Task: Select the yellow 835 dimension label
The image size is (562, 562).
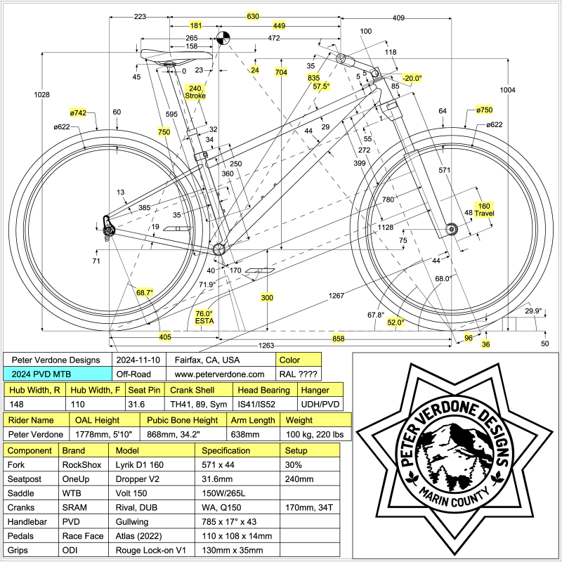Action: (x=313, y=77)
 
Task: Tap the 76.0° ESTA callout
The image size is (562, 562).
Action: (x=204, y=318)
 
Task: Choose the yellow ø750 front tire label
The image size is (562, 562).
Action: (x=483, y=110)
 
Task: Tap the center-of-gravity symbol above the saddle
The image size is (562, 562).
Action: (x=223, y=38)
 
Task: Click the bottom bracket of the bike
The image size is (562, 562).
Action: (x=218, y=249)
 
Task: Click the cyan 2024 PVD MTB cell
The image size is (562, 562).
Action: (x=58, y=375)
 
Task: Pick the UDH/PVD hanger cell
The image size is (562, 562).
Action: (x=320, y=404)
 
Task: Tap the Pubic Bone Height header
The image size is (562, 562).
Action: (x=183, y=420)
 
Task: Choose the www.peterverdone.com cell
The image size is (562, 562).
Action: (x=220, y=375)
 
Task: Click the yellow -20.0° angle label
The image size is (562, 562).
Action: (x=412, y=78)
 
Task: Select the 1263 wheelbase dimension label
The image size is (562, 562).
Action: (x=266, y=345)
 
